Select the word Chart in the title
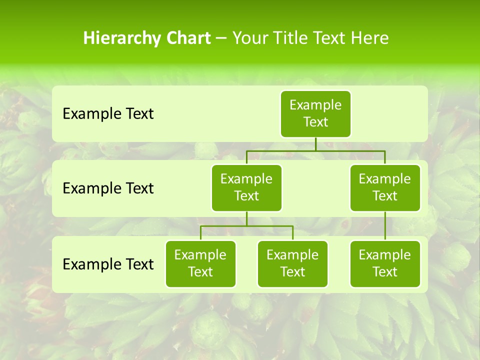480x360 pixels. pyautogui.click(x=188, y=38)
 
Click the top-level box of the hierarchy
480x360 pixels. pyautogui.click(x=315, y=114)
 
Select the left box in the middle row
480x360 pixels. pyautogui.click(x=246, y=188)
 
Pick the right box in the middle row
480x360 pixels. pyautogui.click(x=385, y=188)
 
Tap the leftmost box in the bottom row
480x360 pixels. pyautogui.click(x=200, y=264)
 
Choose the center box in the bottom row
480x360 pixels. pyautogui.click(x=292, y=264)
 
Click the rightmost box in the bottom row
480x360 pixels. pyautogui.click(x=385, y=264)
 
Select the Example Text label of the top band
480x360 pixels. pyautogui.click(x=108, y=114)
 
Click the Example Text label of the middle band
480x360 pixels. pyautogui.click(x=108, y=188)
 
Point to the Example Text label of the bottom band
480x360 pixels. pyautogui.click(x=108, y=264)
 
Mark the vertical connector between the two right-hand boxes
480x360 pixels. pyautogui.click(x=385, y=226)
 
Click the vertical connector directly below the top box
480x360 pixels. pyautogui.click(x=315, y=144)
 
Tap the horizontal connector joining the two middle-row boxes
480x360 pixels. pyautogui.click(x=315, y=150)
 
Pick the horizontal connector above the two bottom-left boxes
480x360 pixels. pyautogui.click(x=246, y=226)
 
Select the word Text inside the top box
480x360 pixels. pyautogui.click(x=315, y=122)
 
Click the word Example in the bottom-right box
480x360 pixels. pyautogui.click(x=385, y=255)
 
